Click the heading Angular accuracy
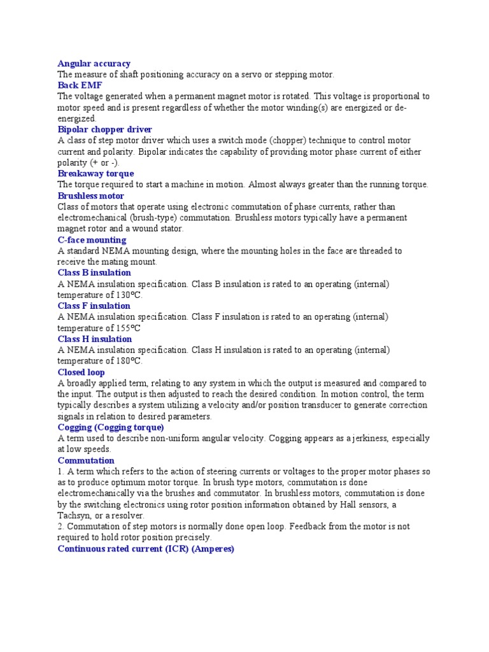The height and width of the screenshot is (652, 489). click(94, 64)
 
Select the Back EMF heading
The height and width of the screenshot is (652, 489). click(80, 85)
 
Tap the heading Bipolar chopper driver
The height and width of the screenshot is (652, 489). click(104, 130)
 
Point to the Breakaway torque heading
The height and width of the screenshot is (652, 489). click(96, 174)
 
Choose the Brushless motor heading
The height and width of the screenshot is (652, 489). click(90, 196)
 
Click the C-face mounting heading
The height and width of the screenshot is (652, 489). click(92, 240)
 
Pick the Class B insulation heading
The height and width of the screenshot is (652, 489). click(94, 273)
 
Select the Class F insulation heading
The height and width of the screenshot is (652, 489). click(94, 306)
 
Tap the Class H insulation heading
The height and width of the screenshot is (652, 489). click(94, 339)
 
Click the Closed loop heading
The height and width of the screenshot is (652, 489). click(81, 372)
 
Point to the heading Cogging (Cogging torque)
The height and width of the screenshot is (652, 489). click(111, 427)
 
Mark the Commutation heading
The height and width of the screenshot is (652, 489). click(86, 460)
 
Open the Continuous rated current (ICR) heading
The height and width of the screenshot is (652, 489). click(146, 548)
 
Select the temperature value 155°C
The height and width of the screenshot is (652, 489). click(128, 329)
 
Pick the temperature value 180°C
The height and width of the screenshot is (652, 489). click(128, 362)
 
